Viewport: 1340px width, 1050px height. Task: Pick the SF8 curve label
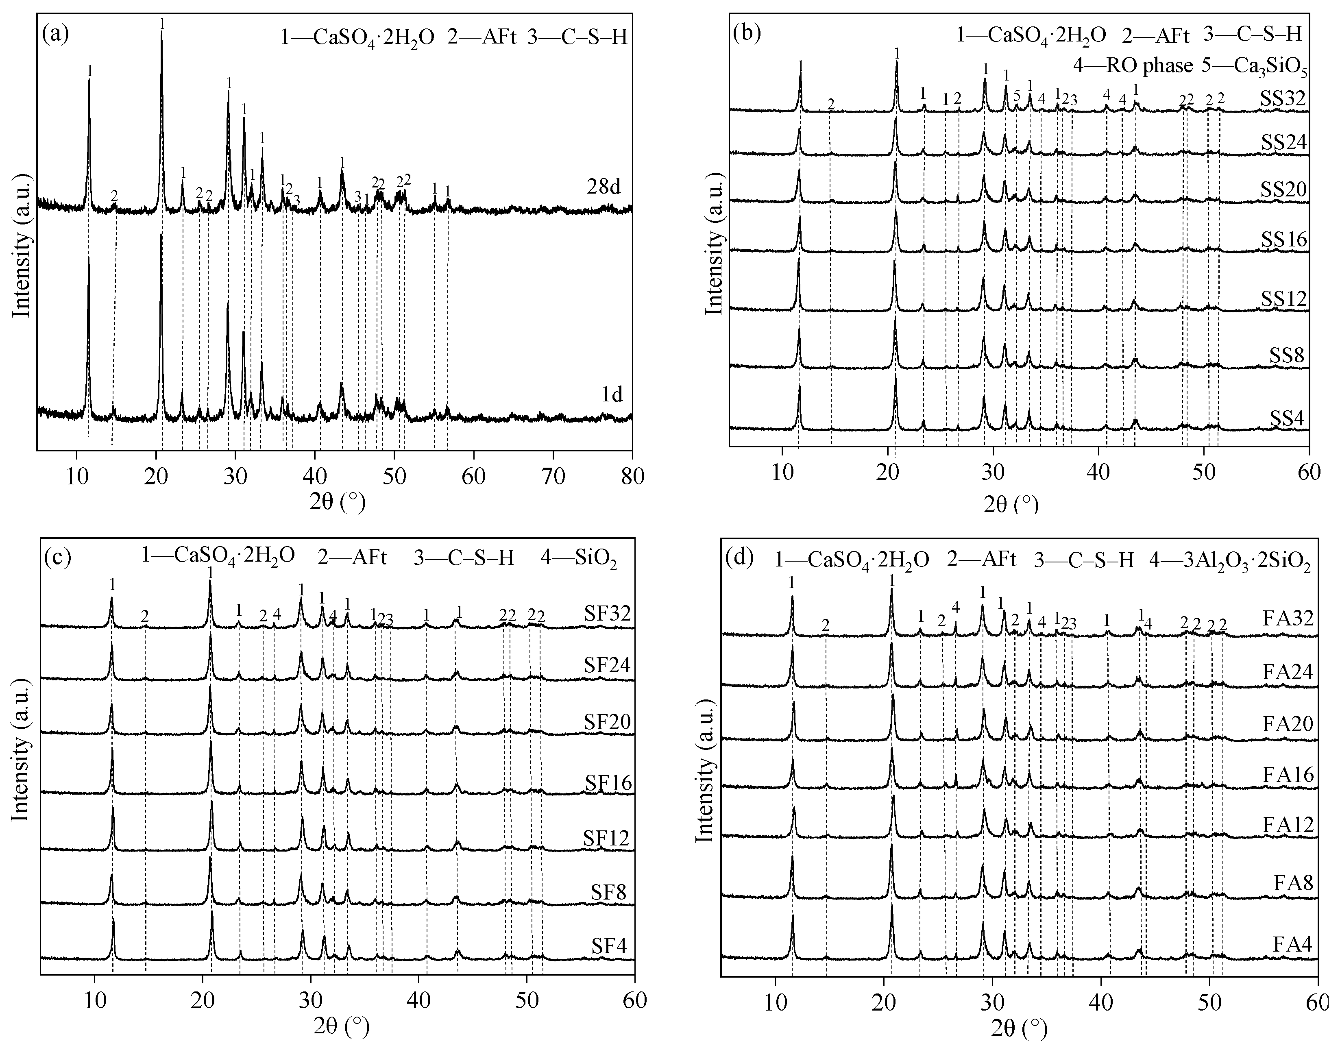coord(606,892)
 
